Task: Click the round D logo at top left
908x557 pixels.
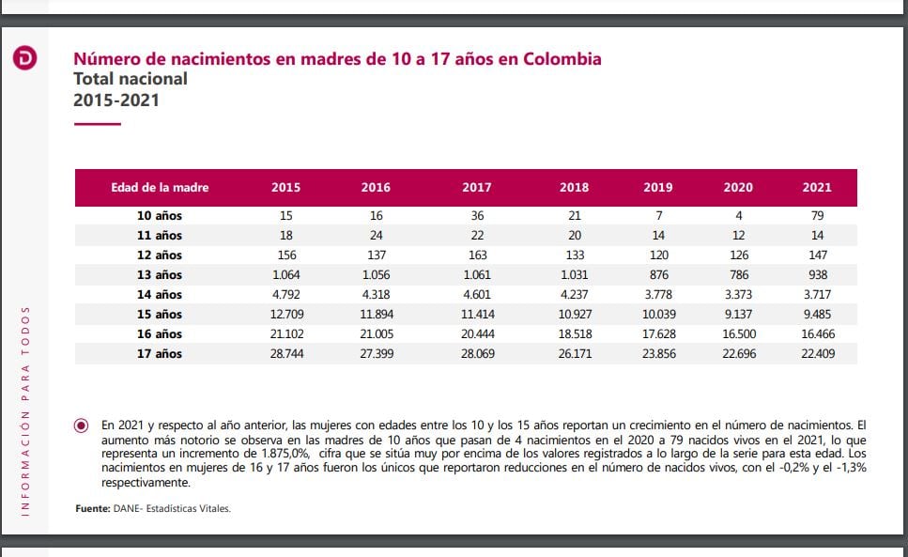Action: click(25, 59)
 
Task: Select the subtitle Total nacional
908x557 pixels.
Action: click(131, 79)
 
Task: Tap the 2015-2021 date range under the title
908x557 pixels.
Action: click(116, 100)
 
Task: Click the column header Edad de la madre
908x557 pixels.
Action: click(160, 188)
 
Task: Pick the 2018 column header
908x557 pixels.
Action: click(574, 188)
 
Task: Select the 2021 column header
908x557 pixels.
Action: click(816, 188)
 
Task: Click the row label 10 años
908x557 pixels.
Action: click(160, 215)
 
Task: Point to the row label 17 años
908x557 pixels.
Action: click(160, 354)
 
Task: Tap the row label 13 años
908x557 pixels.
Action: click(160, 274)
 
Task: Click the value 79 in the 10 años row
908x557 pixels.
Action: click(816, 215)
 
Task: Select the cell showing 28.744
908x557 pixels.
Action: click(285, 354)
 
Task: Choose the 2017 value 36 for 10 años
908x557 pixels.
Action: click(476, 215)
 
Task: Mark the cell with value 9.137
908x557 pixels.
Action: click(738, 315)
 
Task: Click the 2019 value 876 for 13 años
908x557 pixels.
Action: click(657, 274)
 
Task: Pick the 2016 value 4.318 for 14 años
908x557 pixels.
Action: click(376, 295)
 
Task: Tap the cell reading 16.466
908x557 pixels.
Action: click(816, 334)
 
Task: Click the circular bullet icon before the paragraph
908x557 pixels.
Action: click(82, 425)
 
